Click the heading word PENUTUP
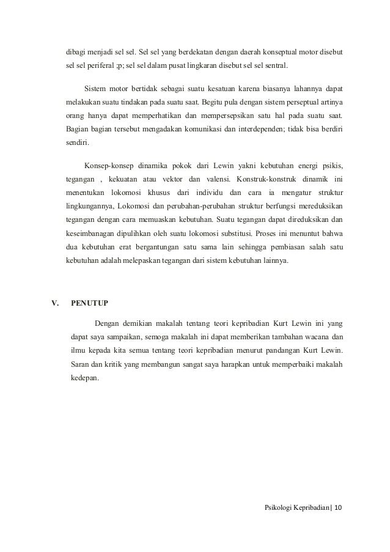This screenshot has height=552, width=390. click(89, 303)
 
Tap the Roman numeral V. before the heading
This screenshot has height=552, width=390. click(54, 303)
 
